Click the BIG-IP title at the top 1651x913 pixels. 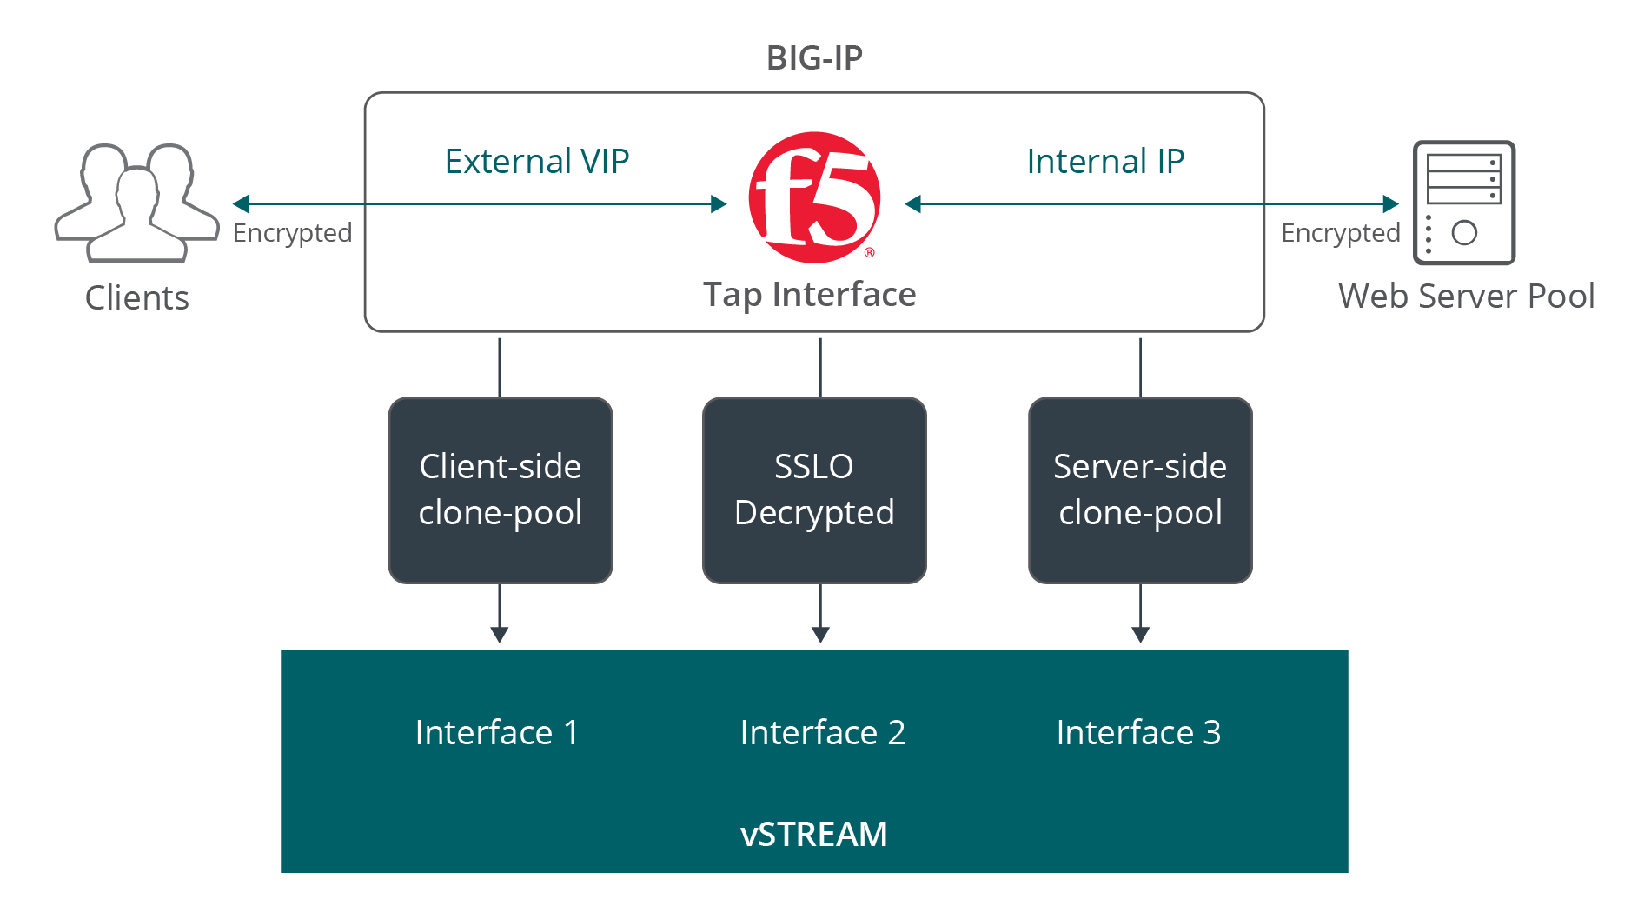pos(814,58)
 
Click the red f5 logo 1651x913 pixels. pos(814,197)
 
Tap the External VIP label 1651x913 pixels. pos(536,162)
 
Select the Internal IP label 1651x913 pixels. pos(1104,162)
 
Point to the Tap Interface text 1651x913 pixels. pos(809,295)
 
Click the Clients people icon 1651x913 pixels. pos(136,203)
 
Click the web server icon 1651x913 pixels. pos(1464,203)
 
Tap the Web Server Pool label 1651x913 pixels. pos(1466,297)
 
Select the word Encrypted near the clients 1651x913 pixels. pos(292,233)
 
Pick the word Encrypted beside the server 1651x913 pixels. pos(1340,233)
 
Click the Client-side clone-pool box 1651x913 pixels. pos(500,490)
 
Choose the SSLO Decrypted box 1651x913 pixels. pos(814,490)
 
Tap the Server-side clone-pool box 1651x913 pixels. pos(1140,490)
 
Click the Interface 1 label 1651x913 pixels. pos(496,733)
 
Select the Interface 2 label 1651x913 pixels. pos(822,733)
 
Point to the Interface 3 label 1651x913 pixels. pos(1138,733)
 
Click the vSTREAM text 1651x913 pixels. pos(813,835)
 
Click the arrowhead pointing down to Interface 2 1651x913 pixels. pos(820,635)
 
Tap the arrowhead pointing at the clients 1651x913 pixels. pos(241,204)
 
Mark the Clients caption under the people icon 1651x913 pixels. pos(136,298)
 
